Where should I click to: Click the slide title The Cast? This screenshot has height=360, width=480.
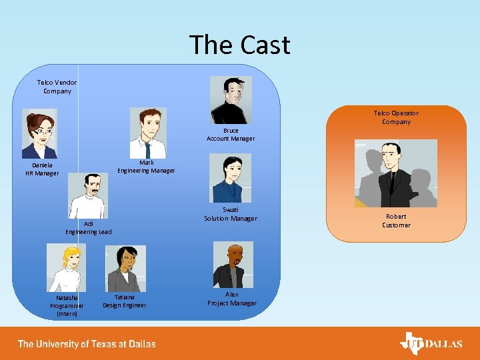240,45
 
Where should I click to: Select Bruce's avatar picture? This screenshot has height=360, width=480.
231,100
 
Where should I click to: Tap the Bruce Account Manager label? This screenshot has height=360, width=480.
231,135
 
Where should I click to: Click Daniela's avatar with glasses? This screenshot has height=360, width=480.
39,133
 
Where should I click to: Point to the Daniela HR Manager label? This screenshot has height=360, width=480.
42,169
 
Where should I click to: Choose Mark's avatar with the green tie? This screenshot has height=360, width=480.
148,133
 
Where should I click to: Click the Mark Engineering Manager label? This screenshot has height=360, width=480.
147,167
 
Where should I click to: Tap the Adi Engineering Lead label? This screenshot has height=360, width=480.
89,228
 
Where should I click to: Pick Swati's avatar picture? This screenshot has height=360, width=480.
230,178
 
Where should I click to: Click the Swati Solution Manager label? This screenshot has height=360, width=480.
230,214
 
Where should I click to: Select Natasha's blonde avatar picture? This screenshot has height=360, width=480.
66,267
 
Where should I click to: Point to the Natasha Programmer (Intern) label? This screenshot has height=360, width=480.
67,305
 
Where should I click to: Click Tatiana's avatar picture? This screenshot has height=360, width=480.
125,269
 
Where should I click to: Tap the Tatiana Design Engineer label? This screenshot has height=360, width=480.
124,301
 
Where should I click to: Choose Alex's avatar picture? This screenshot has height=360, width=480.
232,265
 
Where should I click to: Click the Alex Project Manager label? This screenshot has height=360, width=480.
232,299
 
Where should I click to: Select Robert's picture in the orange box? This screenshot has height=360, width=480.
396,173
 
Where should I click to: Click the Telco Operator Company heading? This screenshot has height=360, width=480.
396,117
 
